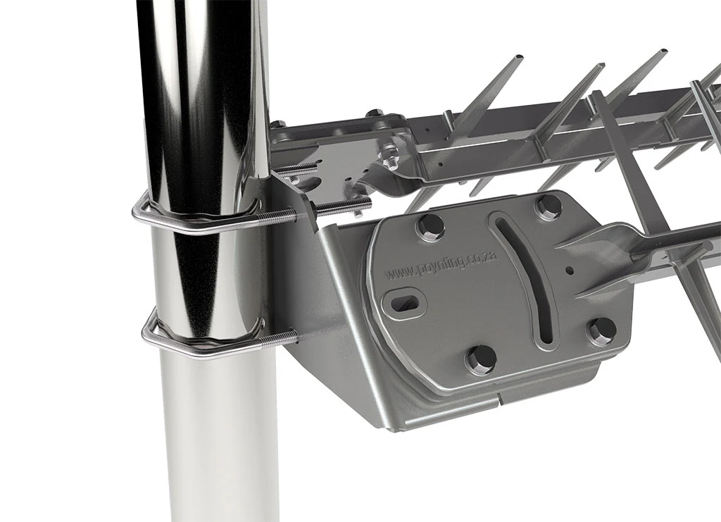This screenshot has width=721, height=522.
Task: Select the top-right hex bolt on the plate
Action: click(x=548, y=207)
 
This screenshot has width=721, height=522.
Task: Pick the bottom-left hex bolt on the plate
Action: click(x=481, y=359)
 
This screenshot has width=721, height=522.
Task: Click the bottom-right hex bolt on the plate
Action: click(x=601, y=330)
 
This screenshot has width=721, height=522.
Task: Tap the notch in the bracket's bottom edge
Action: click(x=499, y=399)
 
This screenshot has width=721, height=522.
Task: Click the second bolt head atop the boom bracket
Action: click(x=375, y=113)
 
